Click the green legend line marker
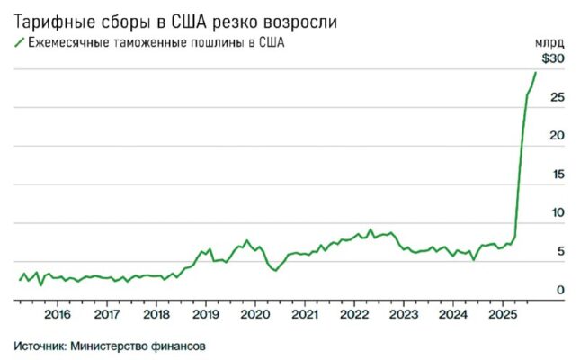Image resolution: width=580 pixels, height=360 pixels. tap(18, 42)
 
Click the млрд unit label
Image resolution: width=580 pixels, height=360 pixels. tap(549, 41)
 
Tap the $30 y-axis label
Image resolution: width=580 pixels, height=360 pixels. tap(551, 58)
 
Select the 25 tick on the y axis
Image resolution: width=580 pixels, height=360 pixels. tap(557, 97)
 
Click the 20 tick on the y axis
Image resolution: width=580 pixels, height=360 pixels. tap(557, 136)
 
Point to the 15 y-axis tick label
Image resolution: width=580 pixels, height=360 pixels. tap(557, 175)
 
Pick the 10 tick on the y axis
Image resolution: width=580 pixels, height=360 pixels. tap(557, 213)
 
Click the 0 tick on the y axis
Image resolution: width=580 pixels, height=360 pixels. tap(560, 290)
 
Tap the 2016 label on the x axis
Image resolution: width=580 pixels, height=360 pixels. tap(57, 314)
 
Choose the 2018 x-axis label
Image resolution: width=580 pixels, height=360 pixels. tap(156, 314)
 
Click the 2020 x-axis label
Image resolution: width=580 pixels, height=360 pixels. tap(255, 314)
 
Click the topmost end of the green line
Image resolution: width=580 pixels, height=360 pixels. tap(536, 72)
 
